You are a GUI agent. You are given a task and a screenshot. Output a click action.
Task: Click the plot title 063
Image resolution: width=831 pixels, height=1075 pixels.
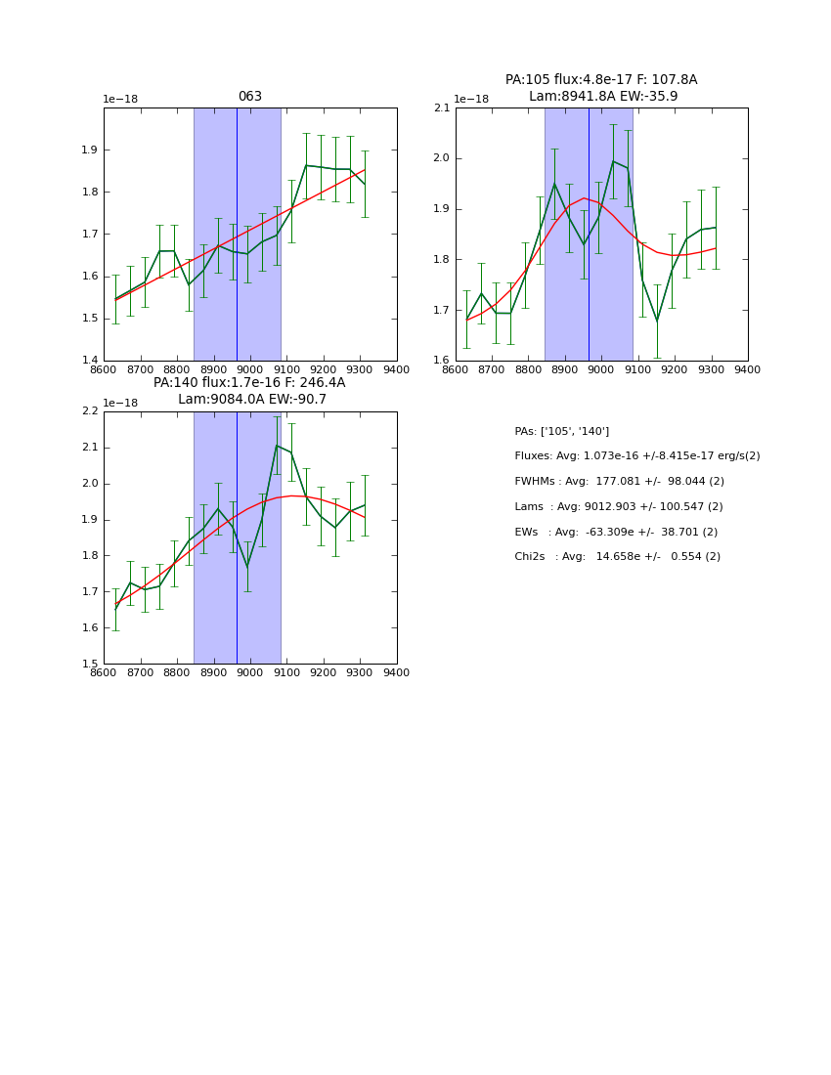click(x=249, y=97)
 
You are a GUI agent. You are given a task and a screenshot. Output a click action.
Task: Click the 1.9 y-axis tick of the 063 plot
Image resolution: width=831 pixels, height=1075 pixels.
click(x=90, y=150)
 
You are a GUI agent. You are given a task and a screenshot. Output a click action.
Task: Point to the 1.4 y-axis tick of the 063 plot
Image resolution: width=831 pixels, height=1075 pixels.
click(x=90, y=361)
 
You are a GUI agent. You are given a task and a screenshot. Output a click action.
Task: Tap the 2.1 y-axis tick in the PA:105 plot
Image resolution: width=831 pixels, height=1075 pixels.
click(x=441, y=107)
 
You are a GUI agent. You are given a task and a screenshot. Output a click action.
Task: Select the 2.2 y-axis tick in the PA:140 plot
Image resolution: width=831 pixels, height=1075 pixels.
click(x=90, y=411)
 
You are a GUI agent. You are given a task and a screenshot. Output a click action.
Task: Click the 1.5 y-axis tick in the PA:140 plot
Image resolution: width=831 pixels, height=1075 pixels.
click(x=90, y=664)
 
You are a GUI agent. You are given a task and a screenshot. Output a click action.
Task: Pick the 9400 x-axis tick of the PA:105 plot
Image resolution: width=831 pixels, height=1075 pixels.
click(x=748, y=369)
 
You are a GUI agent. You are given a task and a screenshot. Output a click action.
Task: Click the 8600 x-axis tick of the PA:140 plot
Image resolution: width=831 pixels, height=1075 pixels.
click(x=104, y=672)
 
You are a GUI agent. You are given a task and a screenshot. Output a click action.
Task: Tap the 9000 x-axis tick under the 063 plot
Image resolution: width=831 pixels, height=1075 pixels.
click(x=250, y=369)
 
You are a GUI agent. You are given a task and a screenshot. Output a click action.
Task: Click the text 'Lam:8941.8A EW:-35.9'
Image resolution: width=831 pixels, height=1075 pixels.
click(x=602, y=97)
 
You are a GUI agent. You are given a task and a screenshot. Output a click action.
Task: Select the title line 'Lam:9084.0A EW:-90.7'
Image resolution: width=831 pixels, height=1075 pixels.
click(x=251, y=400)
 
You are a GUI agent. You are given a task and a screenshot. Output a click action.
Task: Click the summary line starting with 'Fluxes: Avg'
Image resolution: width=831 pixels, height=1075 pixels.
click(x=636, y=456)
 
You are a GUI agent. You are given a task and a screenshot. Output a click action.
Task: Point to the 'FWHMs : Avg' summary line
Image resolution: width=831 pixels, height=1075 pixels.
click(x=619, y=482)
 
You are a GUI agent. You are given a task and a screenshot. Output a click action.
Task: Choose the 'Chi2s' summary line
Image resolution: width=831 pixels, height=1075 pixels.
click(x=617, y=557)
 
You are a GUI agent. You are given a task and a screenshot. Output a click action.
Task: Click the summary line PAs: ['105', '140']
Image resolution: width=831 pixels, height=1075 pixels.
click(x=561, y=431)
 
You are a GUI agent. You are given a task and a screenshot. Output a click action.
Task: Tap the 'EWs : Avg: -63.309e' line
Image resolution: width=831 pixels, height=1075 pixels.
click(x=616, y=532)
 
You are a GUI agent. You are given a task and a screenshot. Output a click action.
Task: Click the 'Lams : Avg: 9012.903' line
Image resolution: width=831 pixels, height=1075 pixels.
click(x=619, y=507)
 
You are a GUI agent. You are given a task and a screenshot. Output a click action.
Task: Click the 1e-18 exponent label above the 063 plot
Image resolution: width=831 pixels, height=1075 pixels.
click(x=122, y=100)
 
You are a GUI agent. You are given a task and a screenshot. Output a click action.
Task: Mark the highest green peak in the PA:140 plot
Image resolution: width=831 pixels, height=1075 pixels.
click(x=277, y=446)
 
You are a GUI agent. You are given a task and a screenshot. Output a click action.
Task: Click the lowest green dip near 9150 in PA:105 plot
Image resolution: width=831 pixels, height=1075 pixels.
click(x=657, y=320)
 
